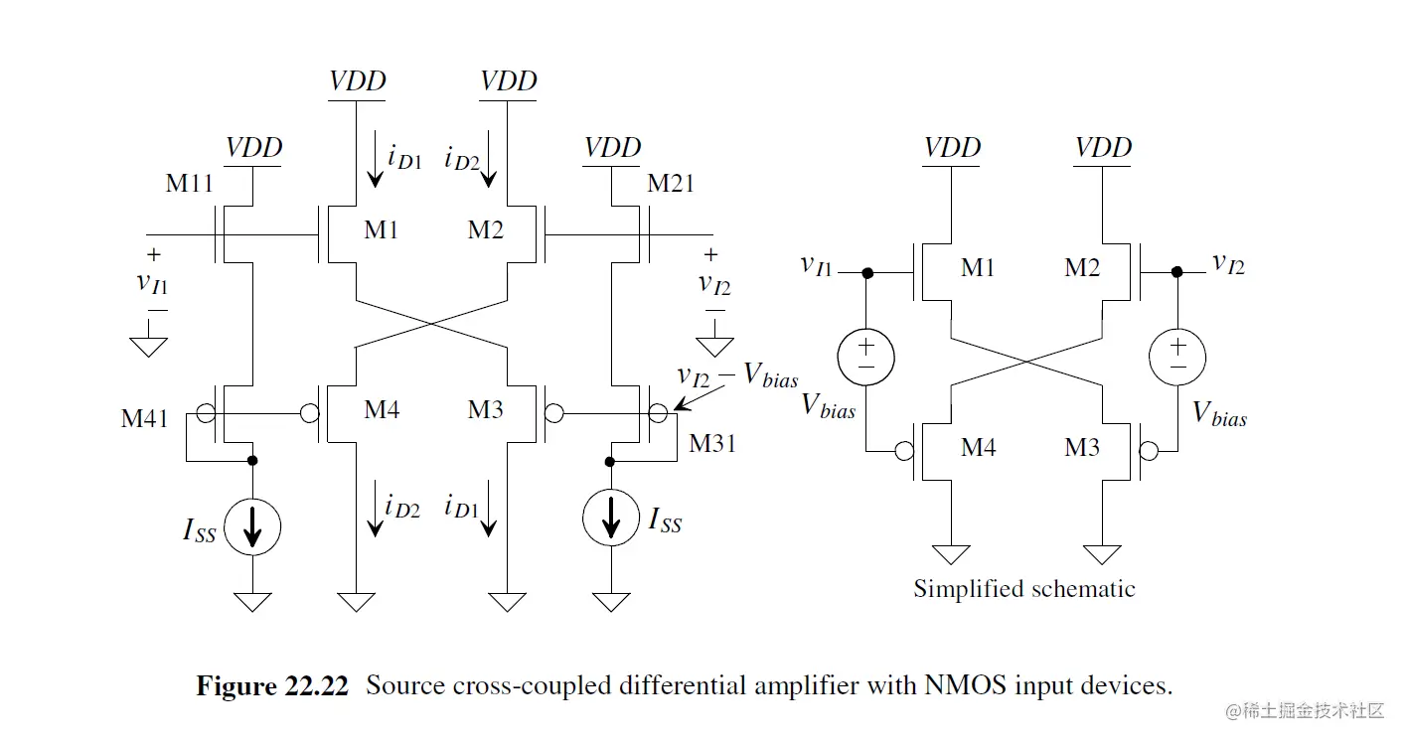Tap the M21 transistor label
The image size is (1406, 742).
[670, 183]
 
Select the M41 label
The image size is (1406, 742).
[145, 418]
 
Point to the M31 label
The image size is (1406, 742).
[712, 443]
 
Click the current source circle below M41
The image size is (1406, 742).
[252, 526]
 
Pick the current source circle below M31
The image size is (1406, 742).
[612, 517]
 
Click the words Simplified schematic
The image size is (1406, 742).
[1023, 589]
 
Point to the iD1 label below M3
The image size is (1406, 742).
[463, 509]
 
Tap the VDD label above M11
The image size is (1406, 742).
[253, 148]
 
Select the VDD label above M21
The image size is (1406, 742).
[612, 148]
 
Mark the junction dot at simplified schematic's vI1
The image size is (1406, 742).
[866, 272]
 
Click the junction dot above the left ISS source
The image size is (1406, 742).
[252, 461]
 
